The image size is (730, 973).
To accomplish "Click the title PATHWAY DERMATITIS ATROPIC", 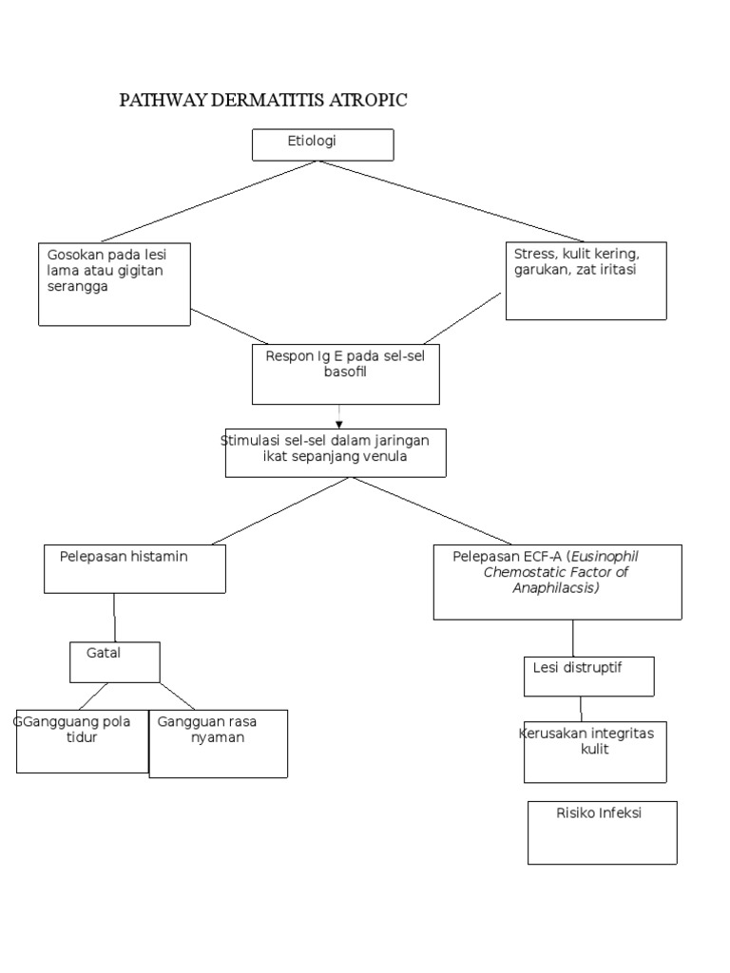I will [263, 101].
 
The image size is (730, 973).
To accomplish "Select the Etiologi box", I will [322, 144].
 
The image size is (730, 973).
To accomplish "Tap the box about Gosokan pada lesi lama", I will [114, 284].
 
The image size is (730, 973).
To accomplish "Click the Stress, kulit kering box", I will [586, 280].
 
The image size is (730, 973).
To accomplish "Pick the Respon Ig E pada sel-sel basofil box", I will [345, 373].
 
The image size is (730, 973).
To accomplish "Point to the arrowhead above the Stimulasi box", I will [339, 424].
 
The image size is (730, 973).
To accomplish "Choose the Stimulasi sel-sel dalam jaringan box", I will [336, 452].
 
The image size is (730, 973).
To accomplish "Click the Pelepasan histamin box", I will [134, 568].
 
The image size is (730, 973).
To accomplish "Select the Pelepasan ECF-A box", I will [557, 582].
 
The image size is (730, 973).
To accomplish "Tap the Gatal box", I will [114, 661].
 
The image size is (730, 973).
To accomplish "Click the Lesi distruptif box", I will [588, 676].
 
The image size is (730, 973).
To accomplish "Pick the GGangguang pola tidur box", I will [82, 741].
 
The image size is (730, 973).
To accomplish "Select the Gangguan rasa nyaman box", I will [218, 743].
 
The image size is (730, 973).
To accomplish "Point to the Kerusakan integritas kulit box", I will [595, 751].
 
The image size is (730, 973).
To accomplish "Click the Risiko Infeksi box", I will [602, 831].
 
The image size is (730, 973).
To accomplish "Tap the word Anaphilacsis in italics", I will [556, 588].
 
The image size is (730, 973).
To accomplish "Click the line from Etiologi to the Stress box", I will [451, 201].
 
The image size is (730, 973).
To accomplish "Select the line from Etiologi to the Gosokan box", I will [209, 201].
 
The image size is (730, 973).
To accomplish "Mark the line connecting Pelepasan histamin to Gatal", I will [115, 618].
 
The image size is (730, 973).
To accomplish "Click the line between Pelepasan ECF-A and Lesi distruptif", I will [572, 638].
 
